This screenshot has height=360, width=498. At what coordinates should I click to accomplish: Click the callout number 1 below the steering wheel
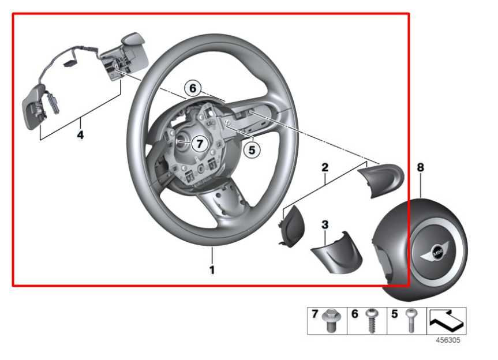click(212, 269)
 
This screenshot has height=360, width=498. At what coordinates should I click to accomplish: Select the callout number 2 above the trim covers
click(325, 168)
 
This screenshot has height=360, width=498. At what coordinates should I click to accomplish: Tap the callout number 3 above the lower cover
click(325, 223)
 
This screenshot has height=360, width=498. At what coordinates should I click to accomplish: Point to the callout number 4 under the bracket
click(81, 135)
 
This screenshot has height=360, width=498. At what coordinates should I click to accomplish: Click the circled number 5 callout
click(252, 149)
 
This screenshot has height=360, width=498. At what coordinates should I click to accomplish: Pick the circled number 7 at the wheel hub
click(198, 144)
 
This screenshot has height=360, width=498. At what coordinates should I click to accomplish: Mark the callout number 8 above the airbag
click(420, 167)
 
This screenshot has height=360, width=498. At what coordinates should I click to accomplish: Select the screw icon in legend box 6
click(369, 321)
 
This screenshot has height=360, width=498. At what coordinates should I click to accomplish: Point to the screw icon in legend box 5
click(410, 320)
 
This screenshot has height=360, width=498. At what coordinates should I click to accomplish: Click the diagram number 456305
click(447, 340)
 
